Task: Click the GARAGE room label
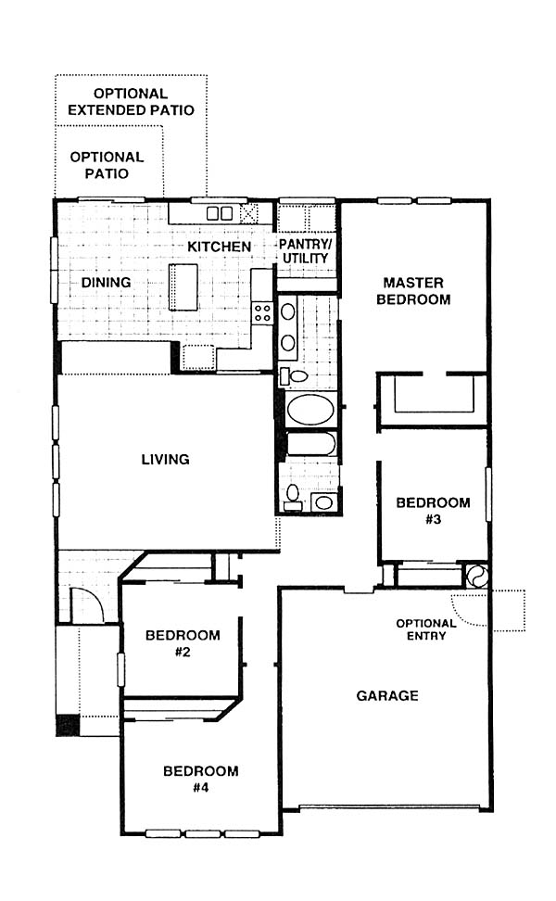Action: pos(387,696)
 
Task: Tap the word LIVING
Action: pos(166,459)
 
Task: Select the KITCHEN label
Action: pos(220,247)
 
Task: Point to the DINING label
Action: pos(106,282)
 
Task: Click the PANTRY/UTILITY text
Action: pos(306,251)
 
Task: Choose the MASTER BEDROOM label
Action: pos(413,291)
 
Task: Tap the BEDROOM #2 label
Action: pos(183,643)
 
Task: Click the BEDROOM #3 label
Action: pos(433,511)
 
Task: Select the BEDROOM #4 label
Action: pos(200,780)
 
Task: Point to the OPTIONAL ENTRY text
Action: pos(426,629)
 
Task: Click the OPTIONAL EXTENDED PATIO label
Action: pos(131,102)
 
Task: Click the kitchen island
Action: pos(183,286)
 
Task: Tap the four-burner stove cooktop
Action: pos(263,312)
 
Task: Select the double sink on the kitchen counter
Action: pos(220,213)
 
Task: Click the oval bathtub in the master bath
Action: pos(310,409)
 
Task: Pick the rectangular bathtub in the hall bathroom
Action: pos(311,444)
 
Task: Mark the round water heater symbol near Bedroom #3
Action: pos(476,576)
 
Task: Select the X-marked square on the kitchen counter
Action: pos(249,214)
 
